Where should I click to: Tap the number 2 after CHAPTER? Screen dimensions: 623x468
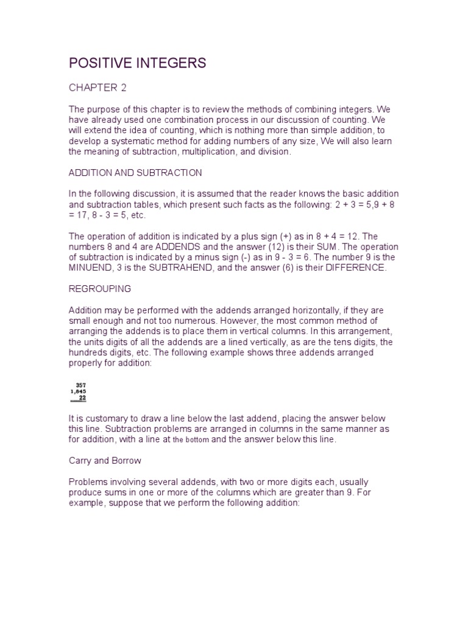tap(124, 88)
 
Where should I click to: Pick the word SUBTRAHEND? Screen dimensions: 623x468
tap(168, 267)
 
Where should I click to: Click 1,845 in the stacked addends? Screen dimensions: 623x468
tap(79, 392)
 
